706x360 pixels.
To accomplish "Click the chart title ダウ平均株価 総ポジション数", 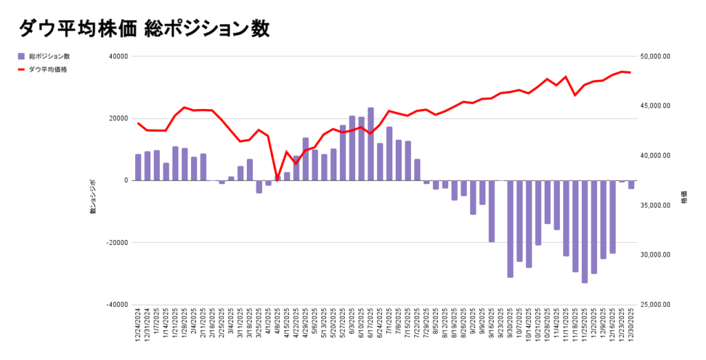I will pos(144,28).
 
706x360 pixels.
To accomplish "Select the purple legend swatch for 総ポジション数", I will pos(21,57).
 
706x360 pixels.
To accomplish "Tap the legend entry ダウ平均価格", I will pos(48,70).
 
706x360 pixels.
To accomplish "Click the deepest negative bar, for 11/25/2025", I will pos(585,232).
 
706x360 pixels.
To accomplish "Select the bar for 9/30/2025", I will pos(510,229).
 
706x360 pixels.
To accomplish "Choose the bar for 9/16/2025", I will pos(492,211).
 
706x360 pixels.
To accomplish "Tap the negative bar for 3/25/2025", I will pos(259,186).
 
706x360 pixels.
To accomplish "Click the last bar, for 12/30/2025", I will pos(631,184).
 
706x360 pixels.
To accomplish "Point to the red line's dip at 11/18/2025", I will pos(575,94).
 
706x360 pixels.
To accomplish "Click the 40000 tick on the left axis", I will pos(119,57).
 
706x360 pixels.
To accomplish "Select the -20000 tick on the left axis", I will pos(118,243).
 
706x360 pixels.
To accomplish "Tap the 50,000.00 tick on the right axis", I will pos(655,57).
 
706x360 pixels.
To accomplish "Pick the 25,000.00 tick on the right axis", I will pos(655,305).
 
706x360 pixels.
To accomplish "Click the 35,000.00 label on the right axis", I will pos(655,206).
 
